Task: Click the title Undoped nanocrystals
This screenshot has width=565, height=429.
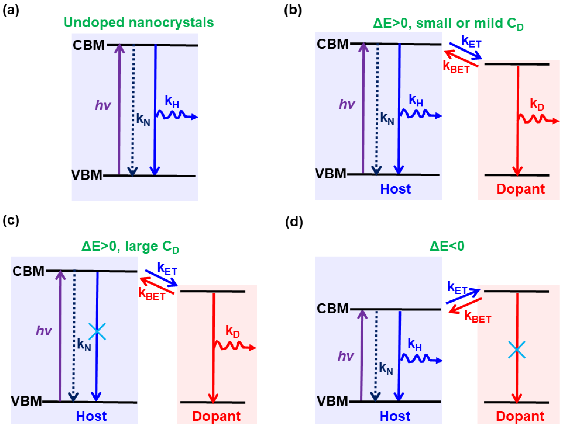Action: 139,23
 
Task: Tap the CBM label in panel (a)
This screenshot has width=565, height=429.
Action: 89,45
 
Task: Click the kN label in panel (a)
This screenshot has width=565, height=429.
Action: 143,119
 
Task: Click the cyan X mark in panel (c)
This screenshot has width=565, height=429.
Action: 97,331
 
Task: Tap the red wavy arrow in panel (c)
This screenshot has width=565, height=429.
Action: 234,346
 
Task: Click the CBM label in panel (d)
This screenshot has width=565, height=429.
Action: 333,309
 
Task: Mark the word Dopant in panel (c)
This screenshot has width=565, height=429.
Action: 216,416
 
